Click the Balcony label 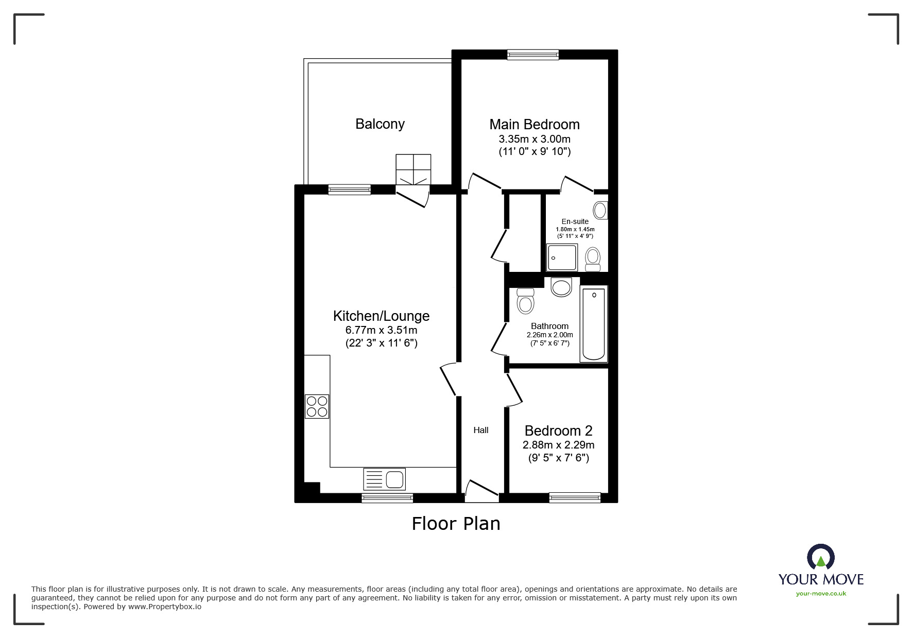[x=380, y=124]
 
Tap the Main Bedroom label [x=534, y=125]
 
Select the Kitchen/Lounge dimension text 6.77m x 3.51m [x=381, y=330]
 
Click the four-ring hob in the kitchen [x=317, y=406]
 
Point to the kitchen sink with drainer [x=384, y=479]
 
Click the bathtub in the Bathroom [x=593, y=324]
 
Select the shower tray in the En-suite [x=562, y=257]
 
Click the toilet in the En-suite [x=593, y=259]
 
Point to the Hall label [x=480, y=430]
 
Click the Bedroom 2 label [x=558, y=430]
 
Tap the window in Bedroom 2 [x=574, y=497]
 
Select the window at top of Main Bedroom [x=532, y=55]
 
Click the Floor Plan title [x=456, y=524]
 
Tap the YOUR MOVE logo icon [x=820, y=558]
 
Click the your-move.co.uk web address [x=821, y=594]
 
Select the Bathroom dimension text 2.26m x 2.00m [x=549, y=335]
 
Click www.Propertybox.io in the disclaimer [x=164, y=607]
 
